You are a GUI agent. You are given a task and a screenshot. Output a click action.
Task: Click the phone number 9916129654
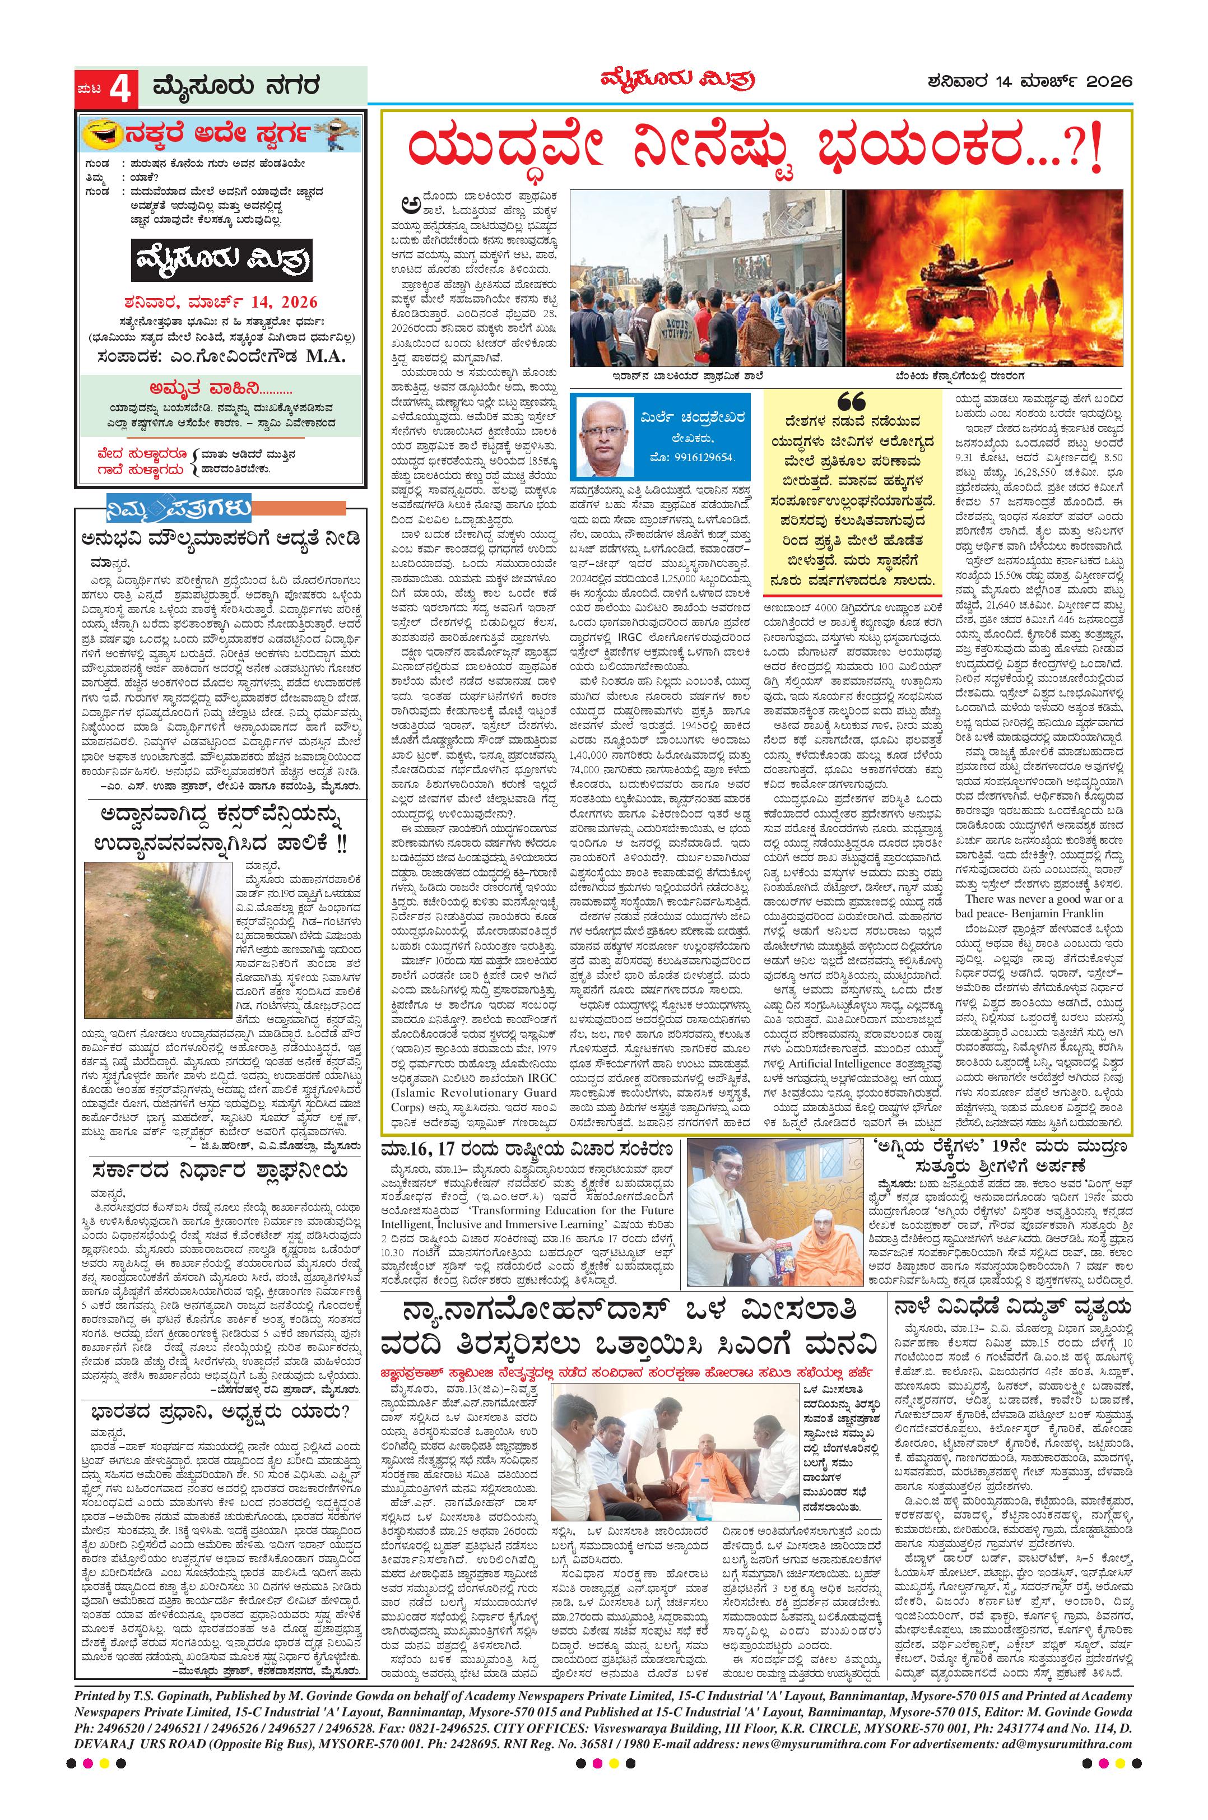point(703,457)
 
